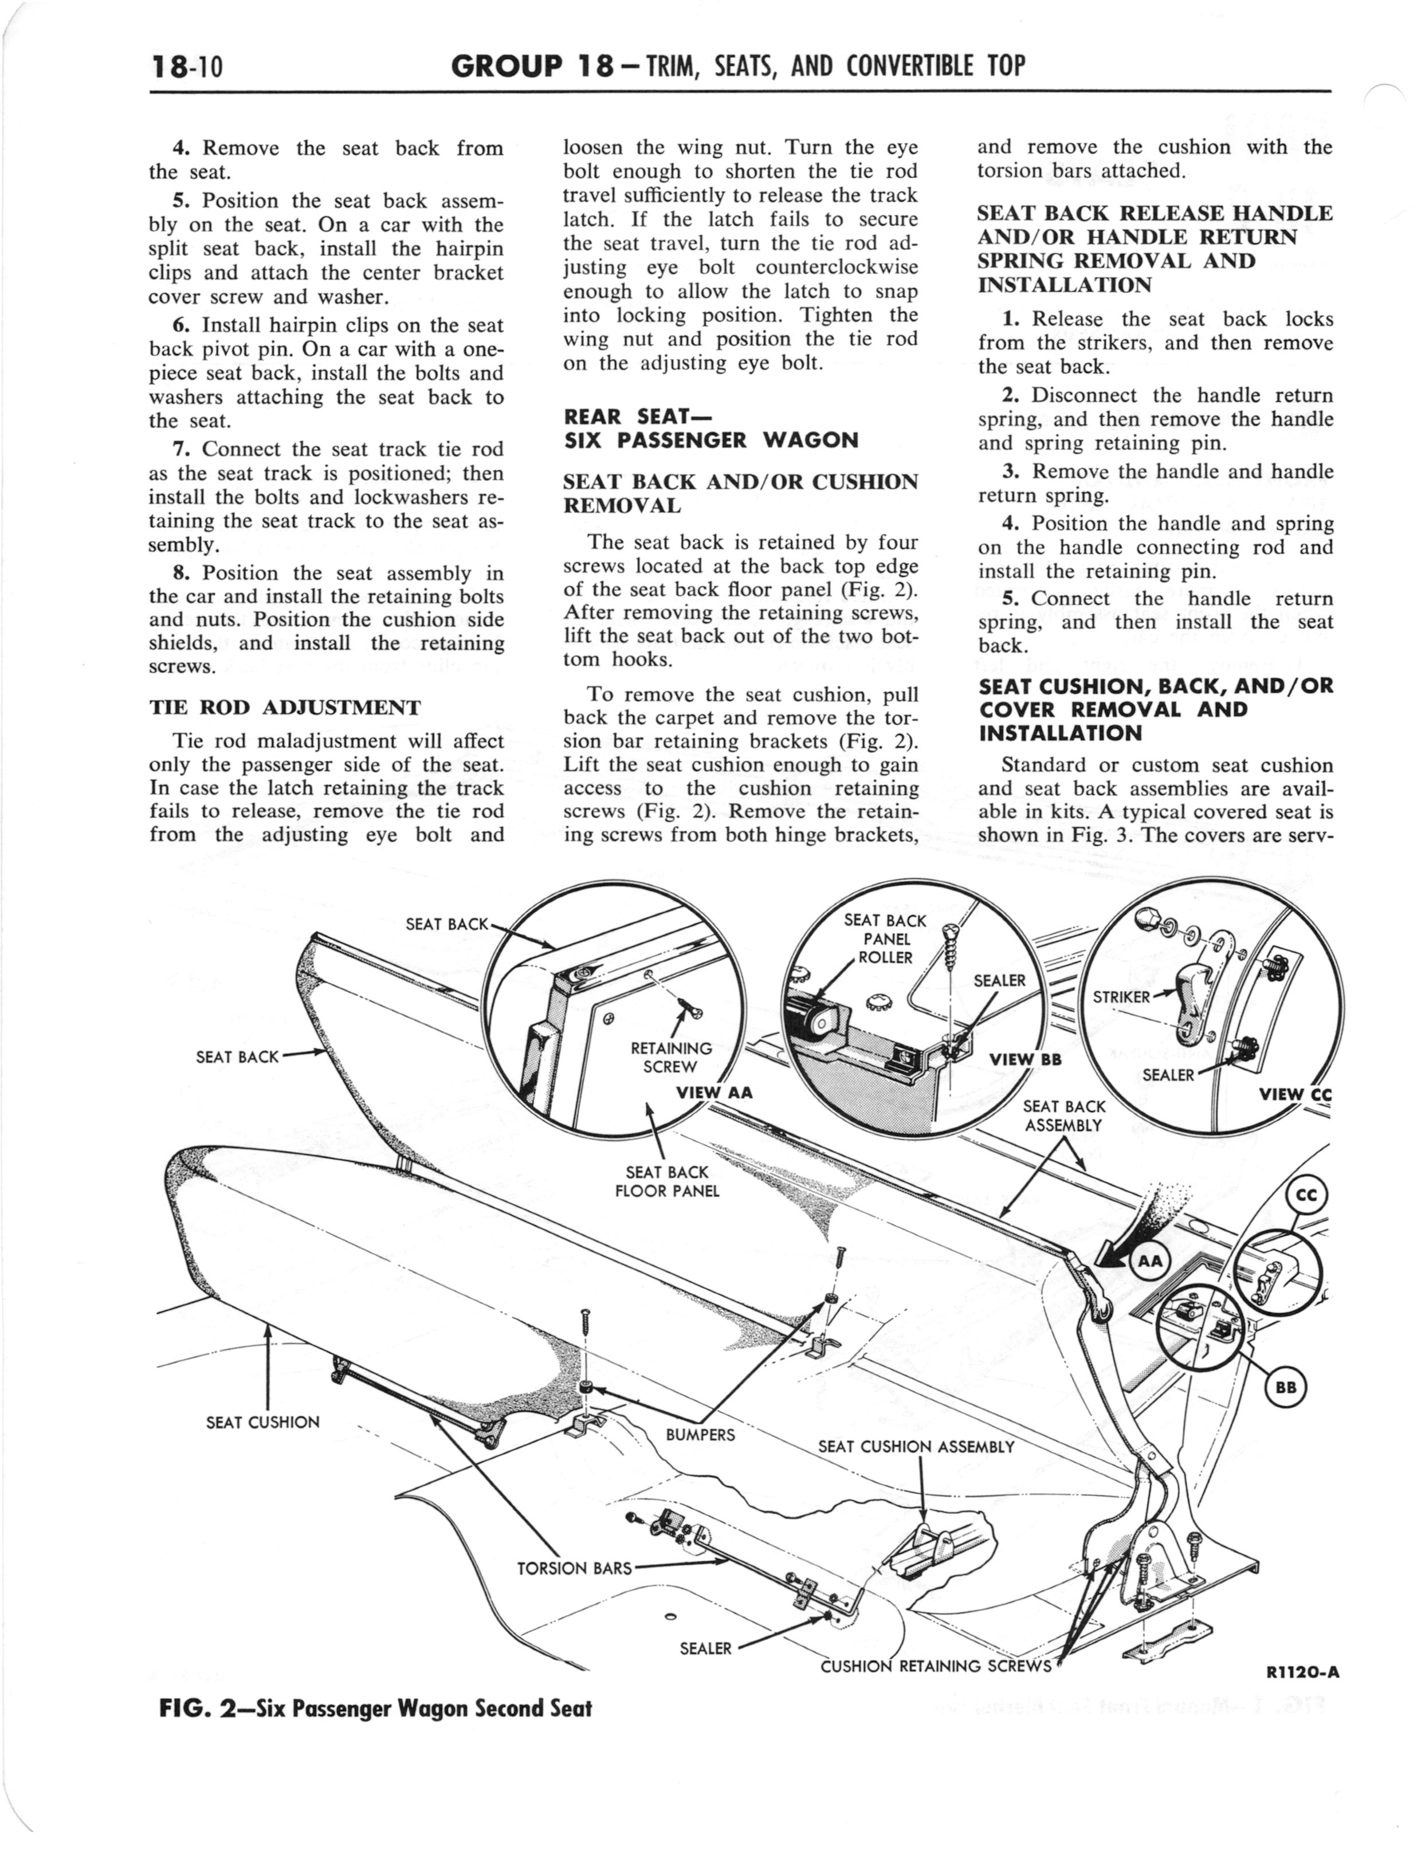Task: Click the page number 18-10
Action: coord(186,65)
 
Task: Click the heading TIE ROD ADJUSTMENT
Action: coord(284,707)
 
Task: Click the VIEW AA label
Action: coord(714,1093)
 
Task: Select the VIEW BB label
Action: coord(1025,1059)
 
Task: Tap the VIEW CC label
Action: coord(1295,1095)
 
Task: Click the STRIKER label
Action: coord(1121,997)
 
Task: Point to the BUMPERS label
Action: coord(700,1434)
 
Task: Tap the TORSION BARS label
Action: coord(574,1569)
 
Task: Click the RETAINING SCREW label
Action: coord(672,1058)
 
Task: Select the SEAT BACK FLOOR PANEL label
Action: coord(668,1181)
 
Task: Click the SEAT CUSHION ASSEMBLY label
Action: coord(916,1447)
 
